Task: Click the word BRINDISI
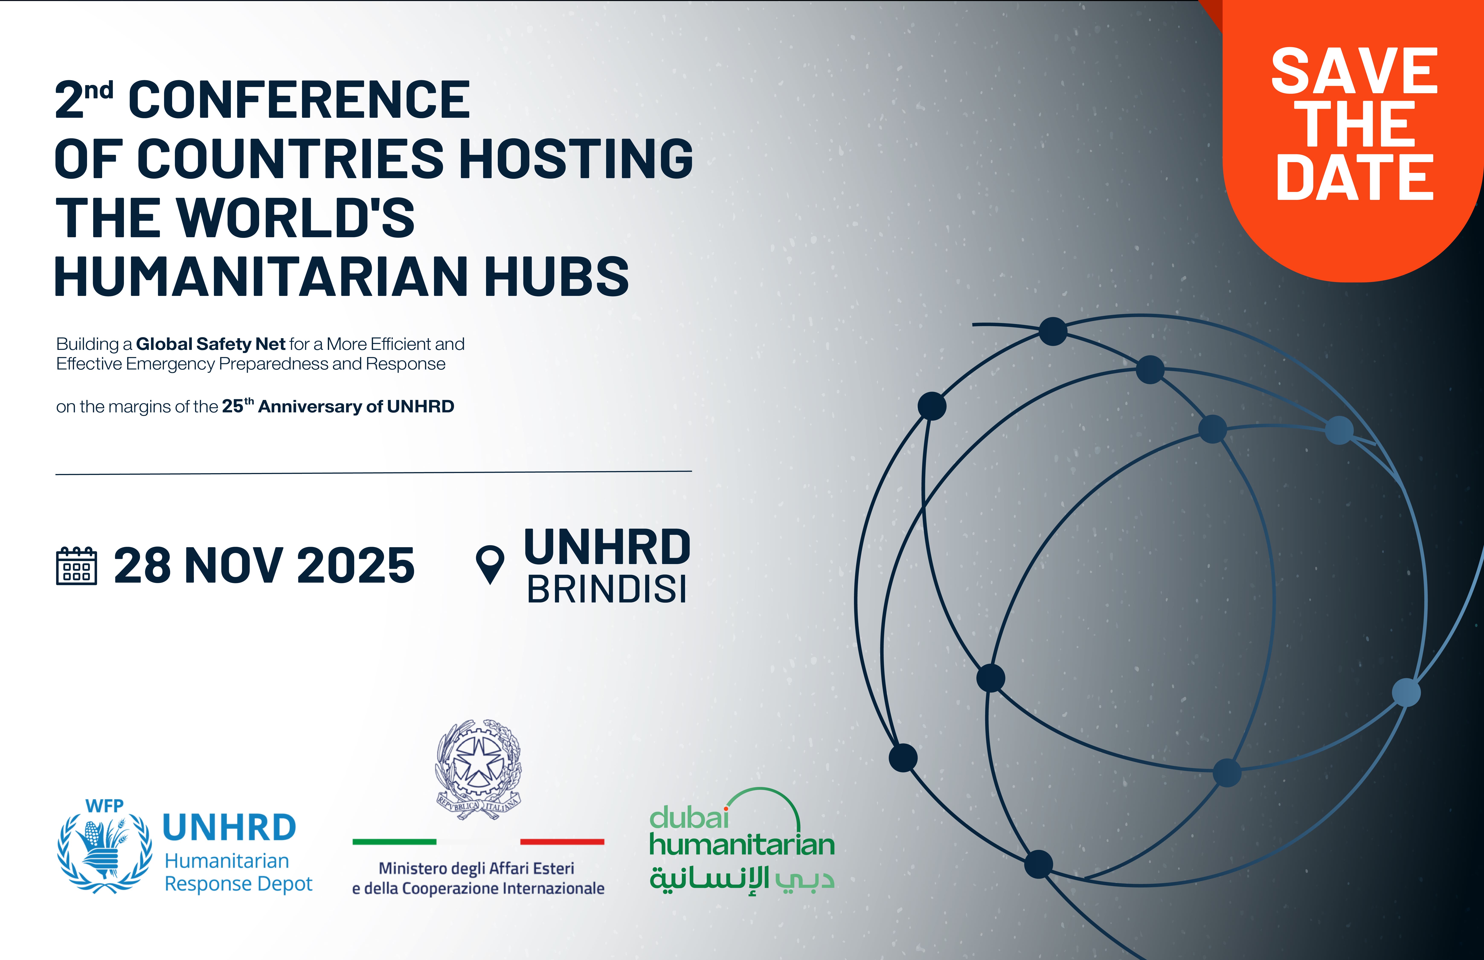click(x=607, y=589)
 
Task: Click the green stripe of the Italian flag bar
click(x=395, y=842)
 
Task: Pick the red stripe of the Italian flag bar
click(x=562, y=842)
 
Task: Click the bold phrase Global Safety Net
click(x=211, y=344)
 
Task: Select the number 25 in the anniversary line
click(x=232, y=406)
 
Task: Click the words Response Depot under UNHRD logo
click(x=238, y=884)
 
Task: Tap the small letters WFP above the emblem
click(x=105, y=806)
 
